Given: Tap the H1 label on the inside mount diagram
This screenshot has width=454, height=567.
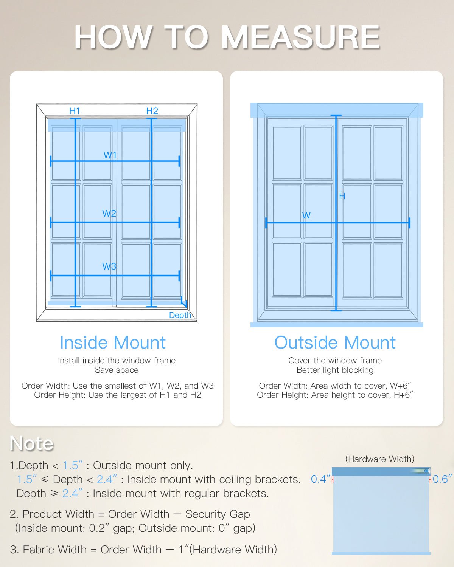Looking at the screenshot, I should [x=75, y=111].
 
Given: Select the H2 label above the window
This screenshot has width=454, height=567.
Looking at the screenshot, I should [x=152, y=111].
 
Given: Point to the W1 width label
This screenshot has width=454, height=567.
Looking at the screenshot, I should [x=110, y=155].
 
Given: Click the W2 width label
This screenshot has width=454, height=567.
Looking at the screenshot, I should [x=109, y=213].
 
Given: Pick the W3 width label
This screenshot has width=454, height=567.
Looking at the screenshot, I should [x=109, y=266].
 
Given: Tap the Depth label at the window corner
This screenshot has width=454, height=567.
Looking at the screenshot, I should [x=180, y=315].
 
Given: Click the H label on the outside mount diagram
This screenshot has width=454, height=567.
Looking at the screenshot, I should [x=342, y=196].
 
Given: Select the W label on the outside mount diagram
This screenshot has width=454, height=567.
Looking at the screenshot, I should [x=306, y=215].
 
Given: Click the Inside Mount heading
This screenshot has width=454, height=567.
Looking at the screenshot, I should [x=113, y=342].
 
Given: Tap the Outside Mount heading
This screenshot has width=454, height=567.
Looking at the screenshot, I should [x=335, y=342].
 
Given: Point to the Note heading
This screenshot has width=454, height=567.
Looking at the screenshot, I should [x=32, y=443].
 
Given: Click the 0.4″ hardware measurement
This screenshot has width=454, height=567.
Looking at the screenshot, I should [x=320, y=479].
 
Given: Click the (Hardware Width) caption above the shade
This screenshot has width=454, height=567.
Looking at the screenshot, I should [x=379, y=459].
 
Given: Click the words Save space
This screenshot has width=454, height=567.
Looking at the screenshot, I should [x=117, y=370].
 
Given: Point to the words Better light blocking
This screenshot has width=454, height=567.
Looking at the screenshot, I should [x=335, y=370].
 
